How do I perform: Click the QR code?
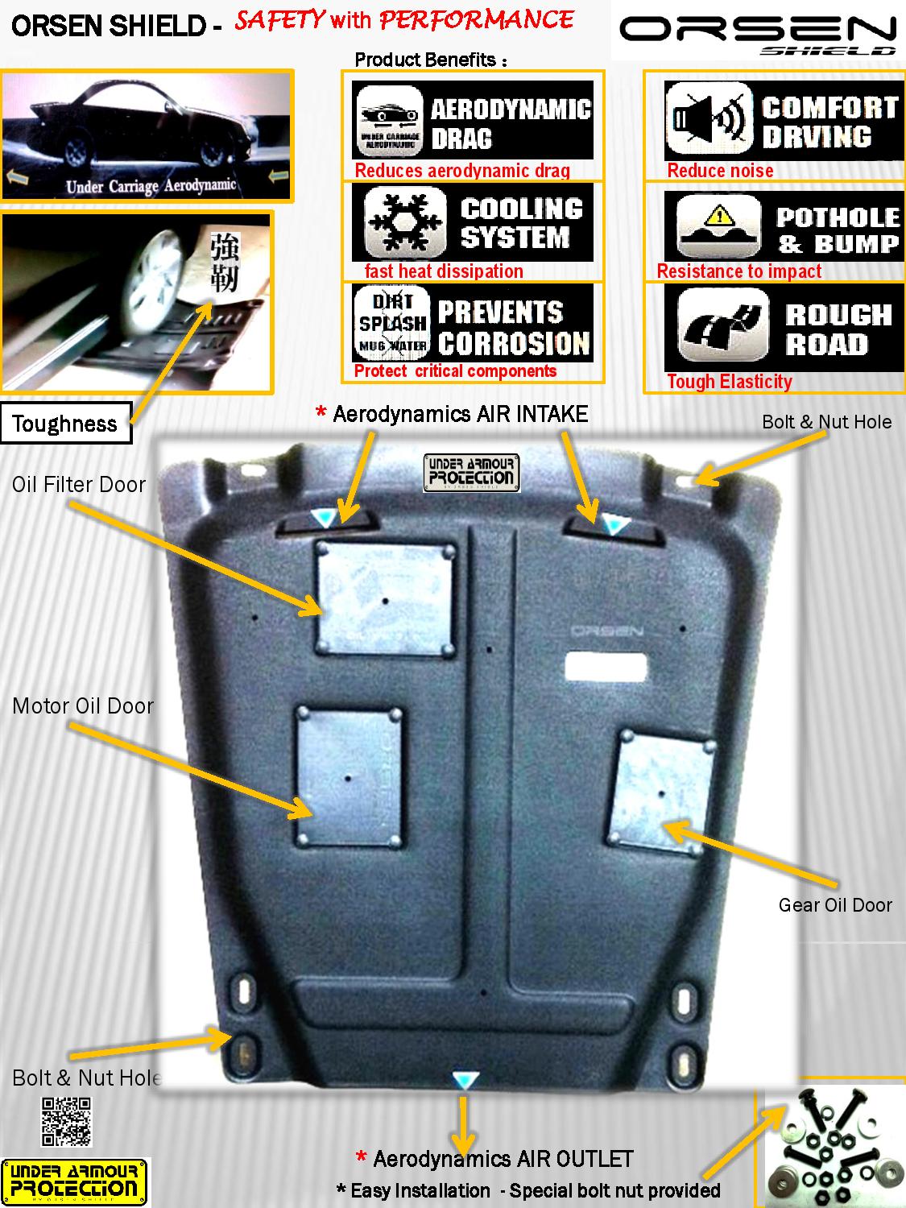coord(66,1121)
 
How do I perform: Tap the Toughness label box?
coord(64,424)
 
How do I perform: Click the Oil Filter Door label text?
coord(79,485)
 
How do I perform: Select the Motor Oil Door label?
coord(83,706)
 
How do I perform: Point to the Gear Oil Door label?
coord(835,905)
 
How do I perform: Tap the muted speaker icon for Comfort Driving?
coord(708,120)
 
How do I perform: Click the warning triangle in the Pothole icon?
coord(718,216)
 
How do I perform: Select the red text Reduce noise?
coord(720,171)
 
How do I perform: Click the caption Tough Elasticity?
coord(730,382)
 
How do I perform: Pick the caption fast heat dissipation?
coord(444,271)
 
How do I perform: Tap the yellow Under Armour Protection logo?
coord(75,1182)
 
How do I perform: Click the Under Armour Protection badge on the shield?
coord(472,473)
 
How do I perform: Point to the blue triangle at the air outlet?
coord(462,1081)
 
